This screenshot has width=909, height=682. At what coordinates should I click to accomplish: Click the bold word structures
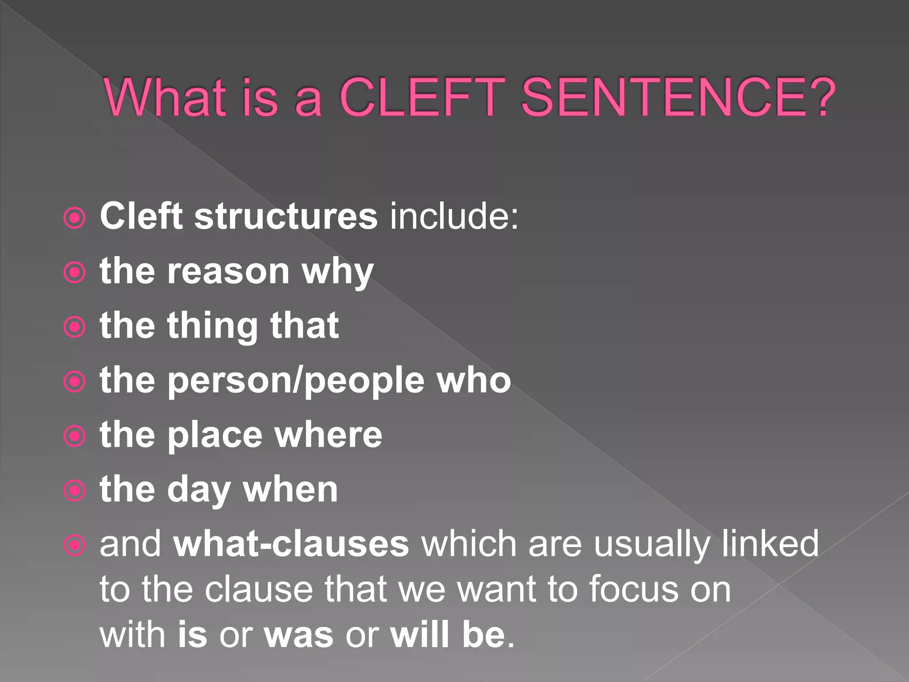[286, 216]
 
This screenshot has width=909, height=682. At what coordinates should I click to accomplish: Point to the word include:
[454, 216]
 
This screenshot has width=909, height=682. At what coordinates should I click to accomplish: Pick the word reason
[228, 272]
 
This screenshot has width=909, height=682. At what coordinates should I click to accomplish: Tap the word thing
[212, 326]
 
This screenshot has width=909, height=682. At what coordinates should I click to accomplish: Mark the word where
[328, 435]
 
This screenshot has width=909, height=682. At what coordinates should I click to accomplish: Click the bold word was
[298, 635]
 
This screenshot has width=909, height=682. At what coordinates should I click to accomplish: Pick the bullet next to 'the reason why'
[75, 273]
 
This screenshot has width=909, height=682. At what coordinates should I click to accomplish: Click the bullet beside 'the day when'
[75, 491]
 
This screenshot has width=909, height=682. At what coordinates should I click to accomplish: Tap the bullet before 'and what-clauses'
[75, 545]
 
